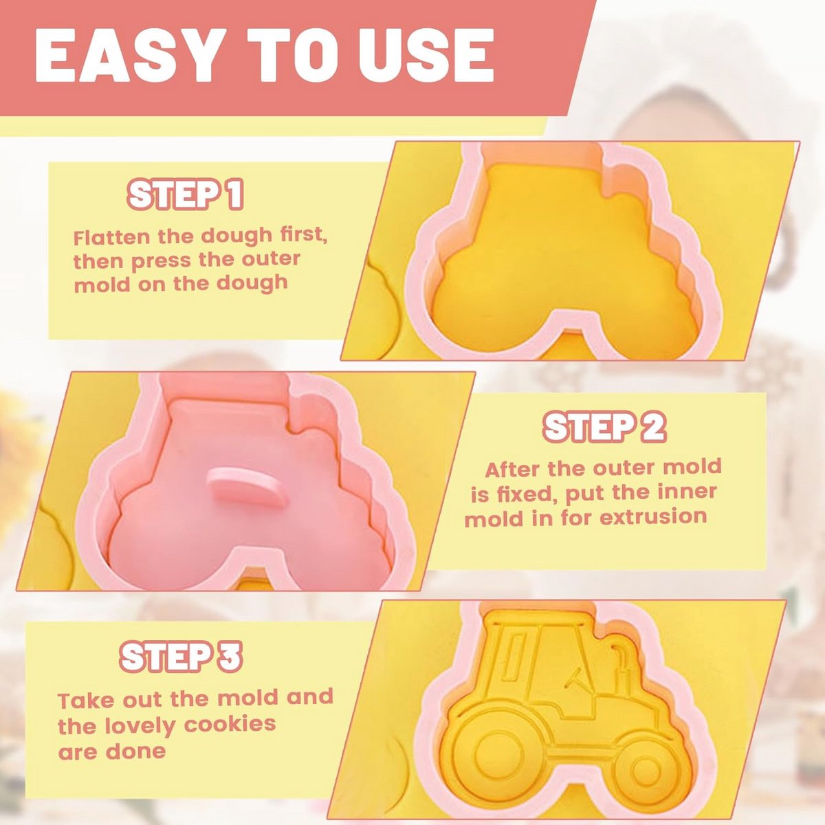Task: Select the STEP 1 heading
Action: click(x=186, y=195)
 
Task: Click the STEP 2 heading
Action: click(x=604, y=428)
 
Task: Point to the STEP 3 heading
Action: click(x=181, y=657)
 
